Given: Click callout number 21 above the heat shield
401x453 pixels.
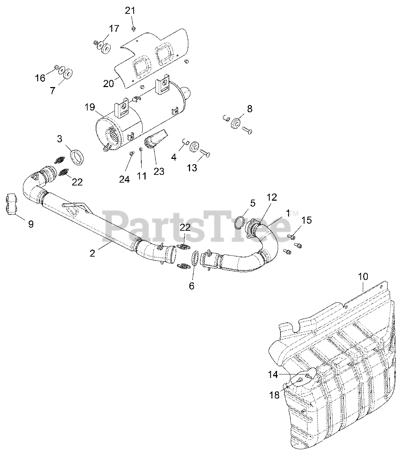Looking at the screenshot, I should click(x=130, y=10).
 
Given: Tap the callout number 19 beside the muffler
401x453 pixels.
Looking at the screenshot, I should click(x=90, y=107).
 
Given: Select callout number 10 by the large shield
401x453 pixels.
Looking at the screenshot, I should click(x=363, y=276).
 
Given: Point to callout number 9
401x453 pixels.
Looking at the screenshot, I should click(x=31, y=224).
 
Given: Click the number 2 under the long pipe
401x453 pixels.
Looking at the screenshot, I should click(x=92, y=253).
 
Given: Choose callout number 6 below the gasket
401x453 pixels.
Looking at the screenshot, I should click(x=191, y=286).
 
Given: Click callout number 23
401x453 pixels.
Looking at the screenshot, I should click(x=159, y=171).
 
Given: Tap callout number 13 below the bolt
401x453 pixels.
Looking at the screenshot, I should click(x=192, y=167).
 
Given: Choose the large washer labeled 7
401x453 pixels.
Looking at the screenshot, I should click(x=67, y=73).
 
